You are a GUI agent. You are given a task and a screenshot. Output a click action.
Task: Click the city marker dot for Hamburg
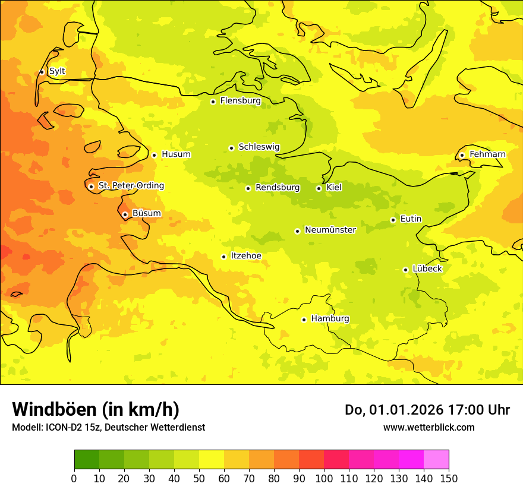click(304, 319)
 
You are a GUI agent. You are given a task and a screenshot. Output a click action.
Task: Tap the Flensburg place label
click(240, 101)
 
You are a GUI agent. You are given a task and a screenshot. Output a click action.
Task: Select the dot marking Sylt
click(42, 72)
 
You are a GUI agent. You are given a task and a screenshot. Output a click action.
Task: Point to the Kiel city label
click(334, 188)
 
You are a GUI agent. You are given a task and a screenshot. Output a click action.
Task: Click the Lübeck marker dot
click(405, 270)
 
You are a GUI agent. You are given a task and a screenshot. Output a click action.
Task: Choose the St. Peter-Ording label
click(131, 186)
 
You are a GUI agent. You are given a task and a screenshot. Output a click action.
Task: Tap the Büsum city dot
click(125, 214)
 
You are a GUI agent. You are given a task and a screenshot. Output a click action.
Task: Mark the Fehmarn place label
click(487, 154)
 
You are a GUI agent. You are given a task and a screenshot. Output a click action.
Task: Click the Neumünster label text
click(330, 230)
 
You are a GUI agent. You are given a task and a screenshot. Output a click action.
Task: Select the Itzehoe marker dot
click(223, 257)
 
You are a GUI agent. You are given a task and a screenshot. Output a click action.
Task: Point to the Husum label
click(176, 154)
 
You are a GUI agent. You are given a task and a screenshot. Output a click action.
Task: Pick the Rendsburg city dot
click(248, 188)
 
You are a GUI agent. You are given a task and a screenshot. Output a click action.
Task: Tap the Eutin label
click(411, 219)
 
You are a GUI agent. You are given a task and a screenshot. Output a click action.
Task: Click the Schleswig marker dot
click(231, 148)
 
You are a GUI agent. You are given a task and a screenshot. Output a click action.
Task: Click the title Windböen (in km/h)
click(96, 409)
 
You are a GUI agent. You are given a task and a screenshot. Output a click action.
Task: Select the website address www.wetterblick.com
click(429, 427)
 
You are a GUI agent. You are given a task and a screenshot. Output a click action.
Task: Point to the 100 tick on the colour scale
click(324, 478)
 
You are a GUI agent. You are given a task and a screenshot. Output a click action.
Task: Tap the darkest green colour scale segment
click(86, 459)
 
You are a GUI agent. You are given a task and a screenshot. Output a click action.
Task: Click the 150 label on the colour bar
click(449, 478)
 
